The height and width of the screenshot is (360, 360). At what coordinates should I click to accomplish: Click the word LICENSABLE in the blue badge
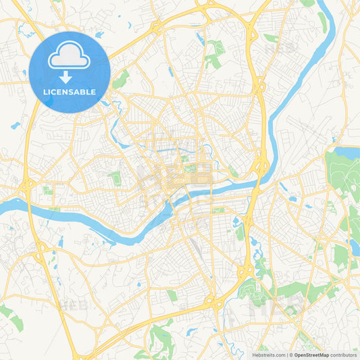69,91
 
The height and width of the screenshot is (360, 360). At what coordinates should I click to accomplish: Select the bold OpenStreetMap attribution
311,355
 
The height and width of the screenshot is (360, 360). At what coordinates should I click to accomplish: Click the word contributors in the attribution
343,355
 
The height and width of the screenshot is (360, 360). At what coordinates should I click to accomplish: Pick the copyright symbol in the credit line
290,355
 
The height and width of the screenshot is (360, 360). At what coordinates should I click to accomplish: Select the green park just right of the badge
121,80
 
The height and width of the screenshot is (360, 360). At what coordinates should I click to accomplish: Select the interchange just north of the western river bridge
27,184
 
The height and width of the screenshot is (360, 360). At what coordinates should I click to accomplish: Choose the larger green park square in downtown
191,168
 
